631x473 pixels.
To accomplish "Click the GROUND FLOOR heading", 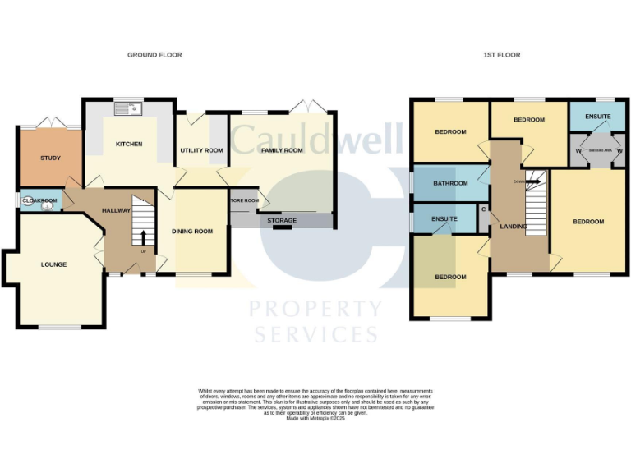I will [x=154, y=55].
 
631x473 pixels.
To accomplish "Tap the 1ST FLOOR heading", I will [x=501, y=55].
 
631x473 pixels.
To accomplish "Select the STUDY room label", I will [x=51, y=158].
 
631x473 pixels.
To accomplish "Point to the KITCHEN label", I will [x=129, y=144].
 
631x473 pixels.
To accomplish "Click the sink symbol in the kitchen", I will [x=129, y=107].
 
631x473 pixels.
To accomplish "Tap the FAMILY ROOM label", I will [x=282, y=150].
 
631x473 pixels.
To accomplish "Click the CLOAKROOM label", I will [x=39, y=200].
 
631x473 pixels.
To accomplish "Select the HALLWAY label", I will [x=117, y=211].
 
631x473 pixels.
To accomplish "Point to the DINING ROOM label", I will [x=192, y=232].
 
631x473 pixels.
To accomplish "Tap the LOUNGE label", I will [x=54, y=264].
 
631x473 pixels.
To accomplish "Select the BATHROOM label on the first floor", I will [x=451, y=183].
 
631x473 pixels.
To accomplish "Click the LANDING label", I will [x=514, y=227].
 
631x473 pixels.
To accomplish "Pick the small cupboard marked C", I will [x=484, y=209].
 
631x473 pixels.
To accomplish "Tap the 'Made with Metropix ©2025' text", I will [x=315, y=418].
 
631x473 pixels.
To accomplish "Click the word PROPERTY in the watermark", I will [x=315, y=310].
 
